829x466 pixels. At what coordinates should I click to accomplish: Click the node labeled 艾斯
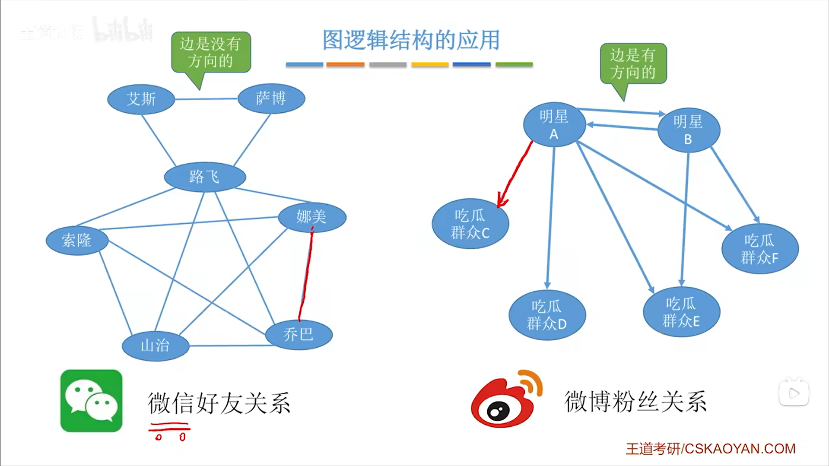tap(141, 99)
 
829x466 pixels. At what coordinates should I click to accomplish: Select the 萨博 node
tap(271, 98)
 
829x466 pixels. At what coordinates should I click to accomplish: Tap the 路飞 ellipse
tap(205, 177)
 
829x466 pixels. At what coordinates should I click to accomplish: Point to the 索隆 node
tap(77, 240)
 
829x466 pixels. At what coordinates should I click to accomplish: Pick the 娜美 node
tap(312, 217)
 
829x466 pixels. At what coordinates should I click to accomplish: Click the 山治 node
tap(156, 346)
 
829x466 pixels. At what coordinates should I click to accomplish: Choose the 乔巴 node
tap(299, 335)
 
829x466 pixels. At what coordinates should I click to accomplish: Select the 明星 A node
tap(554, 124)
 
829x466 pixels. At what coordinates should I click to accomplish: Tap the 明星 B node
tap(688, 130)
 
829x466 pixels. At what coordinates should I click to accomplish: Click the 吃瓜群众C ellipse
tap(470, 224)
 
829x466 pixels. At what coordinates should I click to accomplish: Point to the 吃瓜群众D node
tap(547, 315)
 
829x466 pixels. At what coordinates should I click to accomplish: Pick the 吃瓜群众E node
tap(681, 312)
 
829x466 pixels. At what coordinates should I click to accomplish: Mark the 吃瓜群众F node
tap(760, 249)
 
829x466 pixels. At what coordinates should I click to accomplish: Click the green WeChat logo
tap(91, 400)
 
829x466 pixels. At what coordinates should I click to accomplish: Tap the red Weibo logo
tap(506, 399)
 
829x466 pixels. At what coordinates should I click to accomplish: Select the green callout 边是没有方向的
tap(211, 52)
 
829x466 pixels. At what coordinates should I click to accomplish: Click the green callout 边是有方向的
tap(633, 63)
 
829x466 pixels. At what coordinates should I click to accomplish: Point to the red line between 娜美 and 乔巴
tap(306, 276)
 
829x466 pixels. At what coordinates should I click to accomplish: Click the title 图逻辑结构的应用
tap(411, 40)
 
